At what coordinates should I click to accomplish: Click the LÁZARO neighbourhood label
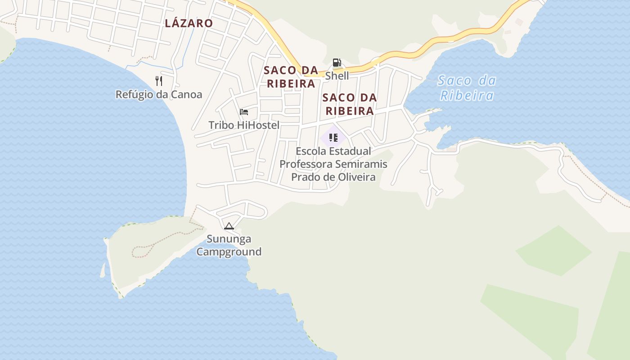tap(189, 23)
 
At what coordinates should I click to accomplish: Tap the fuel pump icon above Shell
tap(337, 63)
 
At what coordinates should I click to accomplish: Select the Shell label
tap(337, 76)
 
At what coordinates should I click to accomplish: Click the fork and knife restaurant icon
tap(158, 81)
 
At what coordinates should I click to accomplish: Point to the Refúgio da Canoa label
tap(159, 94)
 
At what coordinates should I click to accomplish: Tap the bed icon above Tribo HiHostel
tap(244, 112)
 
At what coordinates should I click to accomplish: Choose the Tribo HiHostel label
tap(244, 125)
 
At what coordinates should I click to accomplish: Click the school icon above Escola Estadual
tap(333, 137)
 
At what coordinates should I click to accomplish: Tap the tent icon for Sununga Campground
tap(229, 226)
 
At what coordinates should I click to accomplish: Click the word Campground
tap(229, 252)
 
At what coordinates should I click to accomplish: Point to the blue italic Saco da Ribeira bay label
tap(467, 88)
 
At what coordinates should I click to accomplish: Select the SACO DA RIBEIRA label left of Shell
tap(291, 77)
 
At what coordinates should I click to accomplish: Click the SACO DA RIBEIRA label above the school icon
tap(350, 104)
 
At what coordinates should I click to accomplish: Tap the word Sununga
tap(229, 238)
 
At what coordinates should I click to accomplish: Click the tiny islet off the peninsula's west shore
tap(103, 270)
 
